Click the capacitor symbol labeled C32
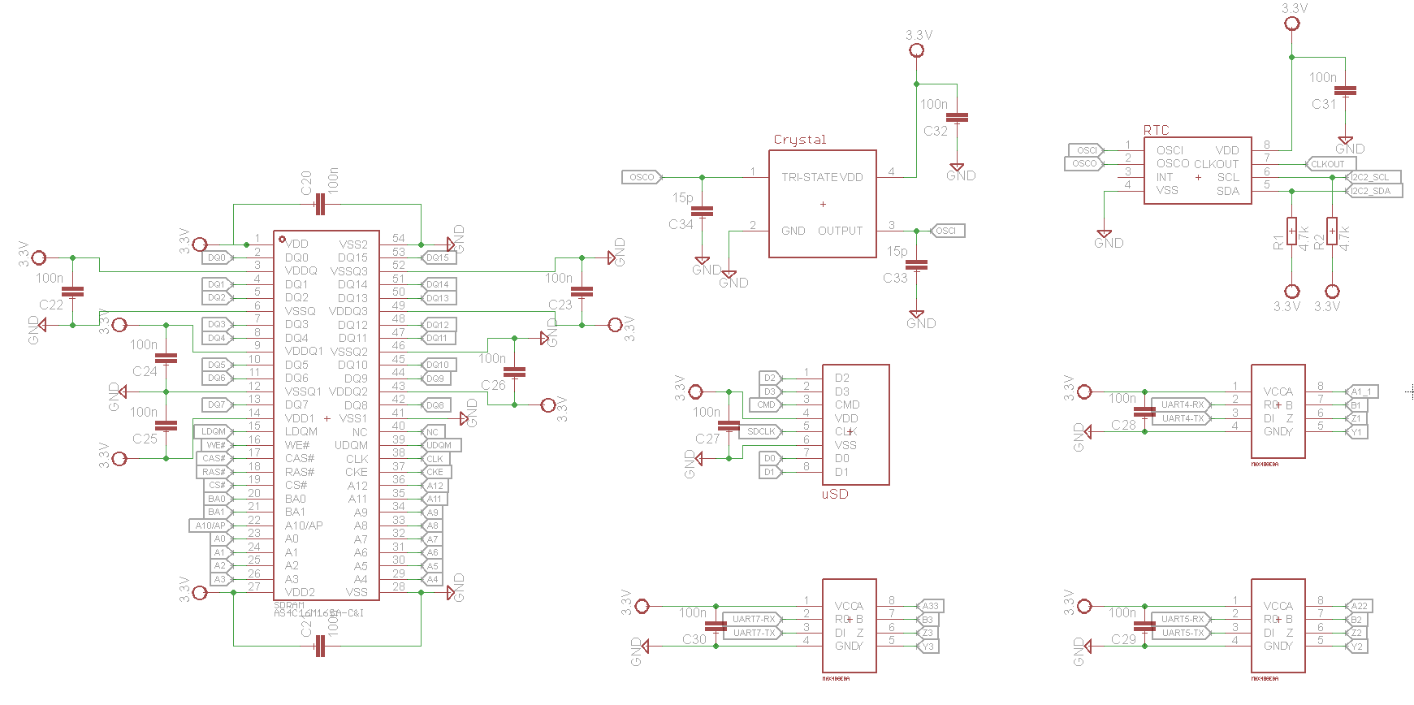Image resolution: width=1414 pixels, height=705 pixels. pyautogui.click(x=958, y=118)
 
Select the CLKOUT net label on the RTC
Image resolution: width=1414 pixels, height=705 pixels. pyautogui.click(x=1328, y=164)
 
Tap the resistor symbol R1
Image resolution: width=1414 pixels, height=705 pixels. pyautogui.click(x=1291, y=231)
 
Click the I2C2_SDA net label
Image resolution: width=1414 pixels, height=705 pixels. pyautogui.click(x=1373, y=191)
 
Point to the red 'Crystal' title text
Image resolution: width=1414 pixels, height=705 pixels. pyautogui.click(x=799, y=140)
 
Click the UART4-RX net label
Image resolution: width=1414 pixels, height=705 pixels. pyautogui.click(x=1182, y=404)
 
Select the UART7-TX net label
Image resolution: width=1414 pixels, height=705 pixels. pyautogui.click(x=754, y=633)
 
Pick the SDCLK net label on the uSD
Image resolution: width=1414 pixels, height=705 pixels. pyautogui.click(x=761, y=431)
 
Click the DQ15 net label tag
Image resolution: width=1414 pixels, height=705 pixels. pyautogui.click(x=438, y=257)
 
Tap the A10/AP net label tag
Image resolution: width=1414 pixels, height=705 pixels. pyautogui.click(x=210, y=526)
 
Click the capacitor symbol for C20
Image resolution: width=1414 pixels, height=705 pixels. pyautogui.click(x=319, y=205)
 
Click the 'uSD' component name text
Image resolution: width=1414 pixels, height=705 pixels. pyautogui.click(x=835, y=494)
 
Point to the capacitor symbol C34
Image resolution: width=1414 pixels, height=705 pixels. pyautogui.click(x=702, y=211)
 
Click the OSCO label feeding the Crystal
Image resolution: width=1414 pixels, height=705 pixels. pyautogui.click(x=642, y=177)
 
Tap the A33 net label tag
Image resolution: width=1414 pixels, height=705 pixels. pyautogui.click(x=930, y=606)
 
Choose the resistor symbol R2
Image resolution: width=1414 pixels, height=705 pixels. pyautogui.click(x=1332, y=231)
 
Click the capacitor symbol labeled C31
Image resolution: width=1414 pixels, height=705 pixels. pyautogui.click(x=1345, y=91)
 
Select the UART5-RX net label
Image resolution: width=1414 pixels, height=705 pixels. pyautogui.click(x=1182, y=619)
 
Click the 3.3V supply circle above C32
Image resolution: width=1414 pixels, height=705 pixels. pyautogui.click(x=917, y=50)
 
